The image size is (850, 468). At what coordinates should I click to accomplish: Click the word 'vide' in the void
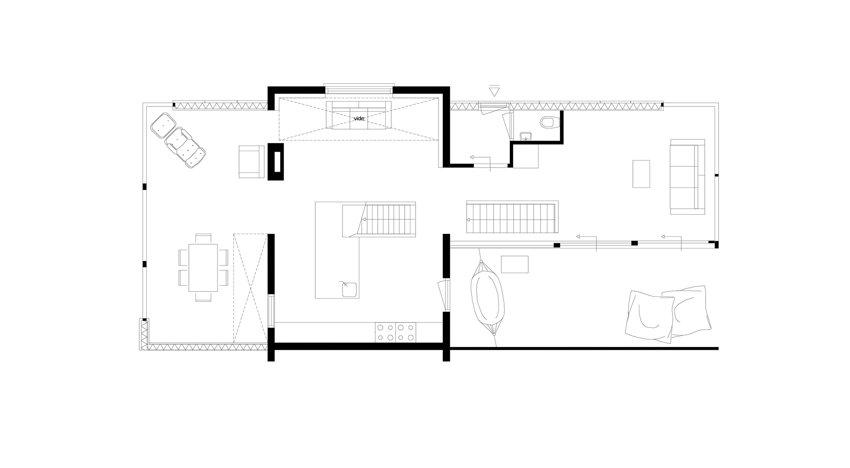point(359,119)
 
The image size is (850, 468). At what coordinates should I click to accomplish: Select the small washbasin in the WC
point(526,136)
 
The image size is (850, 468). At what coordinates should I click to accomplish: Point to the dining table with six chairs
point(203,267)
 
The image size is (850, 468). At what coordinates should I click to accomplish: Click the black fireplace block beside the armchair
point(276,162)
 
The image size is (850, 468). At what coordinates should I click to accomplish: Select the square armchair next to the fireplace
point(251,161)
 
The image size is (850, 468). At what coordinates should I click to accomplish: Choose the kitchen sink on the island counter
point(350,289)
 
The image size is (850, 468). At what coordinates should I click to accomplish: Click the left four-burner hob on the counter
point(385,333)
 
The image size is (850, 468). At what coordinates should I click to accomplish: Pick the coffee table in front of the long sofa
point(641,174)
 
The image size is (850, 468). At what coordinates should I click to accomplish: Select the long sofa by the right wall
point(687,177)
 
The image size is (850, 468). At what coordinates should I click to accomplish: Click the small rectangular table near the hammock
point(515,264)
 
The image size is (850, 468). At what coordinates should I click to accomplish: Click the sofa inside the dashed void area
point(359,115)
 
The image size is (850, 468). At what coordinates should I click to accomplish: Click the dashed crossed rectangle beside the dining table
point(250,288)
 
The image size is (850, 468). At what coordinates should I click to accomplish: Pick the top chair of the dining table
point(203,238)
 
